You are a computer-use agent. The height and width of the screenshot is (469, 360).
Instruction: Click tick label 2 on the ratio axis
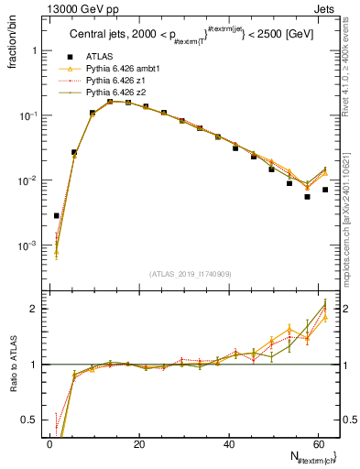point(30,309)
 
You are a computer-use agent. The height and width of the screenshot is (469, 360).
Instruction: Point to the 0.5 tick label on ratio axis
point(27,420)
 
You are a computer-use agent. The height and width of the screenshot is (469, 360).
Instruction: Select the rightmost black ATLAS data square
point(325,190)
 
